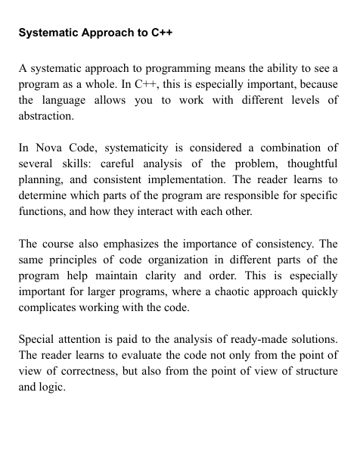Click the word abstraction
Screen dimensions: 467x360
click(x=46, y=117)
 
